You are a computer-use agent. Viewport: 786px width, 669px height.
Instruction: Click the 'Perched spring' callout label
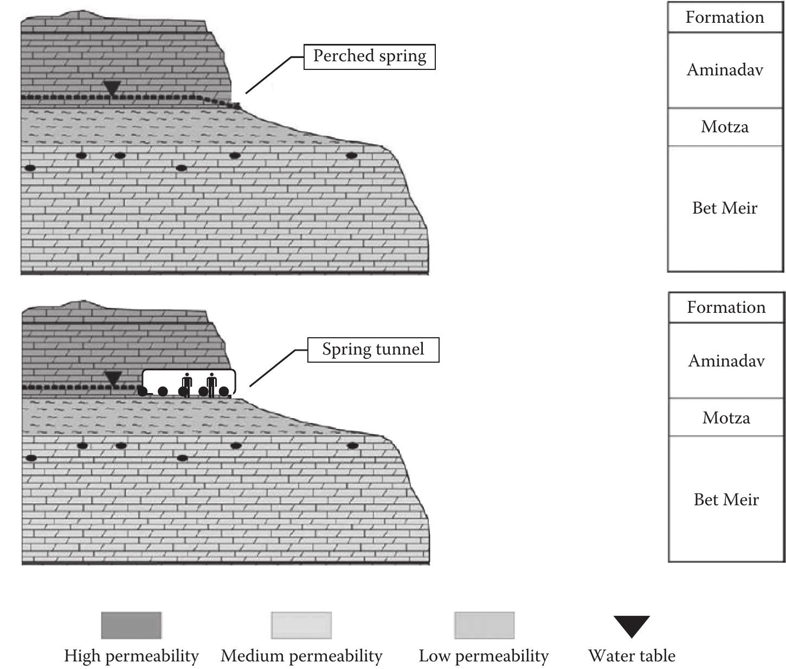point(369,56)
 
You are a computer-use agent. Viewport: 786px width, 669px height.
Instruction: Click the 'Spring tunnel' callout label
point(373,350)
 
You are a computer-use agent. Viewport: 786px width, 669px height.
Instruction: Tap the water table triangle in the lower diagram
point(113,378)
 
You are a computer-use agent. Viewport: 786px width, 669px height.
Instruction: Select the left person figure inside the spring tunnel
point(187,384)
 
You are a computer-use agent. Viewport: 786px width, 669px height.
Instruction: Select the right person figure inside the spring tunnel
point(211,384)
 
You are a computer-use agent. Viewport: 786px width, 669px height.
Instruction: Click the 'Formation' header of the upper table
point(725,17)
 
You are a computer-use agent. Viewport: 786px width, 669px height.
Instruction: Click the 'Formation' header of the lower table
point(726,307)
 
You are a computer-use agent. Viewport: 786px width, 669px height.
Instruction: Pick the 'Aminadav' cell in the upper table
point(725,70)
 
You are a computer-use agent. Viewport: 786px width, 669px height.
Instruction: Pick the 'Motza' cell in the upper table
point(725,127)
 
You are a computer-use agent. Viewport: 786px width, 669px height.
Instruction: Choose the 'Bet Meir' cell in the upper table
point(725,208)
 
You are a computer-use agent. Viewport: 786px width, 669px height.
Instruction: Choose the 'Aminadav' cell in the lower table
point(726,361)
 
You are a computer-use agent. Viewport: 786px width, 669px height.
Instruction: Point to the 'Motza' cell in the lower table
point(726,417)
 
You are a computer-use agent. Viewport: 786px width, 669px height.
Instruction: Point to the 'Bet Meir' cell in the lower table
point(726,499)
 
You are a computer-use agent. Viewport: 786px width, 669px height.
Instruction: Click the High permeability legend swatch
point(131,626)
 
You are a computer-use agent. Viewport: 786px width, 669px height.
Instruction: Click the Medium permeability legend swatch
point(301,626)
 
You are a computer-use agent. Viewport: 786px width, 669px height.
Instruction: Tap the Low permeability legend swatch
point(484,626)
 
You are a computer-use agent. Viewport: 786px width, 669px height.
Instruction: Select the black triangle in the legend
point(632,626)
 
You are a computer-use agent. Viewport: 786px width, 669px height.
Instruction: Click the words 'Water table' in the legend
point(632,656)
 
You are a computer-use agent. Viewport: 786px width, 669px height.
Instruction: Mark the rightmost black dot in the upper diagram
point(352,156)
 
